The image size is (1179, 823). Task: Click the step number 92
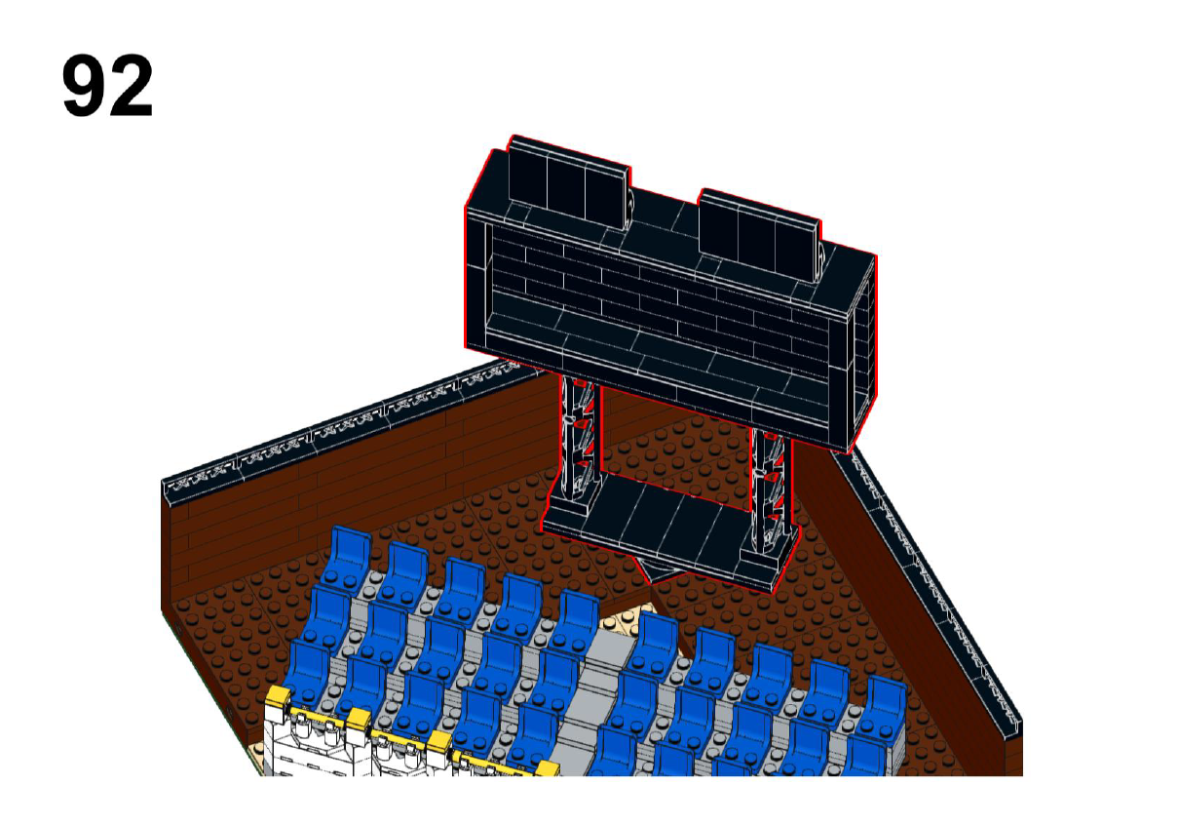[x=107, y=86]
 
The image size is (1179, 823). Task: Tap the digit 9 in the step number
[x=84, y=86]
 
